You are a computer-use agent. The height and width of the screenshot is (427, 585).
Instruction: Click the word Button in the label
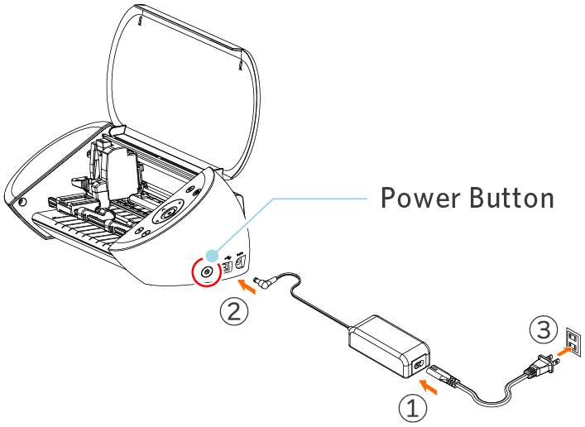pos(512,199)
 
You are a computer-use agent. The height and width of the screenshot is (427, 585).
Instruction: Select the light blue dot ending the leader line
pos(212,256)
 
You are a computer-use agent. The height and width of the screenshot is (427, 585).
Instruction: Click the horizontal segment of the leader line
pos(323,198)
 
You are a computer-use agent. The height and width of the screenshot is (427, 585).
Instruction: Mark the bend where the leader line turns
pos(273,198)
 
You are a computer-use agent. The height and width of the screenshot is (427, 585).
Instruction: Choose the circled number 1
pos(413,408)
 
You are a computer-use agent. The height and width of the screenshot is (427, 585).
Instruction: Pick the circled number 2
pos(234,311)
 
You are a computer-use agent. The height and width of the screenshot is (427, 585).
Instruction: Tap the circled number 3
pos(543,331)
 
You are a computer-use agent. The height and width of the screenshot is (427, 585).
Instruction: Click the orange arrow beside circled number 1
pos(428,386)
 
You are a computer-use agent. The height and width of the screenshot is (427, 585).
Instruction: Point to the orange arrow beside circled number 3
pos(564,351)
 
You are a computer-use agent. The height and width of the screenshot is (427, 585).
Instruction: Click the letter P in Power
pos(388,199)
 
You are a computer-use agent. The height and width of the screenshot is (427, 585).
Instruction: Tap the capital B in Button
pos(477,199)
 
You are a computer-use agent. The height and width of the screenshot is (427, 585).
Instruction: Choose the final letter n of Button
pos(546,200)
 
